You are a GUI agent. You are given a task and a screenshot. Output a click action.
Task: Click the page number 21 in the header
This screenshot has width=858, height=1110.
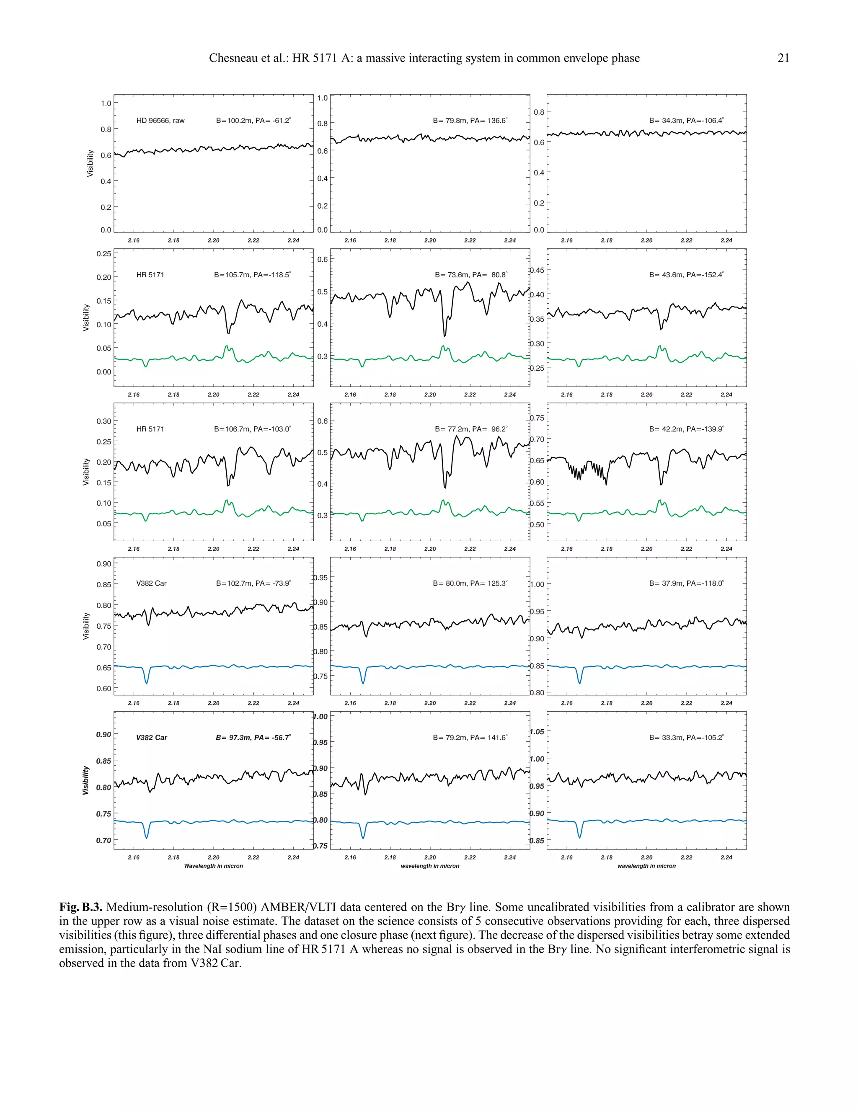point(783,58)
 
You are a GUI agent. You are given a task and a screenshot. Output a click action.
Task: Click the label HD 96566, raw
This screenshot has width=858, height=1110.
point(160,121)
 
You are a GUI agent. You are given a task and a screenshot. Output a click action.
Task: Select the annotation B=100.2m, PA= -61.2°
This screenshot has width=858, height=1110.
point(253,121)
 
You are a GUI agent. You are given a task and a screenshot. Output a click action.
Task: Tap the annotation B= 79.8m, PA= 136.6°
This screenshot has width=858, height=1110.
point(470,121)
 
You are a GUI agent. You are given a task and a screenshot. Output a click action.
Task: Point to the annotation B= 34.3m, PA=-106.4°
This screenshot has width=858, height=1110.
point(686,121)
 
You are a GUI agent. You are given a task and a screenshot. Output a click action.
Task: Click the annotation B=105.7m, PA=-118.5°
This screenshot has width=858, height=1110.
point(252,275)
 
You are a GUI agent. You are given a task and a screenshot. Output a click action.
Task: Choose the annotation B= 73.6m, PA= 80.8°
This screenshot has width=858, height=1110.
point(470,275)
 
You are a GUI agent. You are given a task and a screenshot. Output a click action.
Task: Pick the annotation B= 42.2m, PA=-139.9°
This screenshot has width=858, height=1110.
point(686,429)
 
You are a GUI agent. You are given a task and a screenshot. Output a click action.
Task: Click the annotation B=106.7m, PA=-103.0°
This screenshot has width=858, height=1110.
point(252,429)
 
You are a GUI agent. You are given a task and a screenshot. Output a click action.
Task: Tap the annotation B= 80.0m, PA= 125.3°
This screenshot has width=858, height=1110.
point(470,583)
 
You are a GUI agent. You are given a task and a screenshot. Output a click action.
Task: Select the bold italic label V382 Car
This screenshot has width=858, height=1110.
point(152,738)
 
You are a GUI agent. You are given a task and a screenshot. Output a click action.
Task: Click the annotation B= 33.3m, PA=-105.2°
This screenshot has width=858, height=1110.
point(686,738)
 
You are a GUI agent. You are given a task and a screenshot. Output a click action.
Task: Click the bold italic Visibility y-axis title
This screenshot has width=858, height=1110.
point(86,780)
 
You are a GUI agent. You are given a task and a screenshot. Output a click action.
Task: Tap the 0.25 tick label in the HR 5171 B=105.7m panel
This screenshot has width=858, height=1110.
point(104,253)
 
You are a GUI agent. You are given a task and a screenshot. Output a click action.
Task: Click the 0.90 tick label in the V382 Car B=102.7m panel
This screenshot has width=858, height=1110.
point(104,564)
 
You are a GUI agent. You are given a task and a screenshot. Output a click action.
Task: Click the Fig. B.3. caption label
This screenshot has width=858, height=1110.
point(81,907)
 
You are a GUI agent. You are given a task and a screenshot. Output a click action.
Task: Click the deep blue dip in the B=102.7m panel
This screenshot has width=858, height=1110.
point(147,681)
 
